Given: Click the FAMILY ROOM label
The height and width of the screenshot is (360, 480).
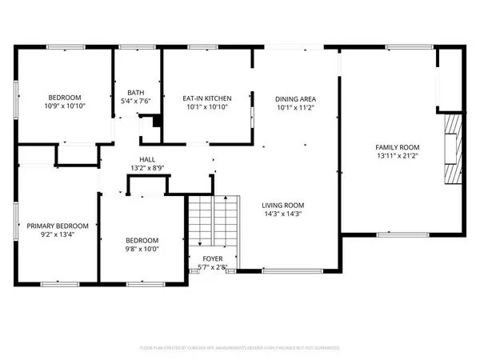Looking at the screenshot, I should (398, 147).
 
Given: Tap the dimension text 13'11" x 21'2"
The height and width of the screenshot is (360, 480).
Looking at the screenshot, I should (398, 156).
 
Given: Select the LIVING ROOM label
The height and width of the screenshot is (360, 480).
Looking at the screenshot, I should (283, 205).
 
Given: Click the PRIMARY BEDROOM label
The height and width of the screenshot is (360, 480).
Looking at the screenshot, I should (55, 226).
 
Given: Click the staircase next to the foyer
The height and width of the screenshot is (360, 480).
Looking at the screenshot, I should (214, 224).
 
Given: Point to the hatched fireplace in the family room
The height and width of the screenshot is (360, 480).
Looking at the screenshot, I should (454, 148).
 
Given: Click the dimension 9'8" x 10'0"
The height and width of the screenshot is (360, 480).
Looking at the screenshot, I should (142, 249).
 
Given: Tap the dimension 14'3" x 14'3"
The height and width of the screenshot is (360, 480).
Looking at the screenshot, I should (283, 214).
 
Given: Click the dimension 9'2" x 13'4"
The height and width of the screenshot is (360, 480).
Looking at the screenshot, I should (55, 235).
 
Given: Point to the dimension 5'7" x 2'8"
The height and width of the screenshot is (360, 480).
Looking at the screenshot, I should (207, 266).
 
